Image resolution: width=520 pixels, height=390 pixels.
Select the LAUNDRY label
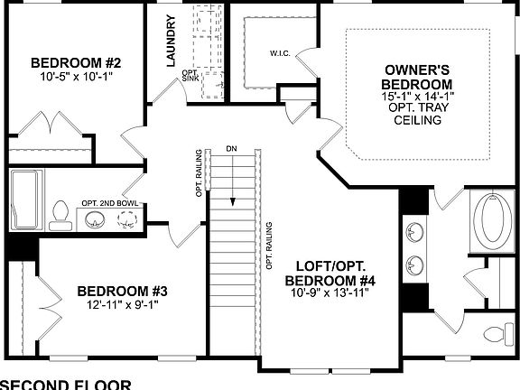point(170,42)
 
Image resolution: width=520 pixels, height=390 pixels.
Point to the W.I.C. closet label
point(280,52)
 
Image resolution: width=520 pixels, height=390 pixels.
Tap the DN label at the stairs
point(232,149)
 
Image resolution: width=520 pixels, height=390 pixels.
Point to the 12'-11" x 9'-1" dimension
point(122,304)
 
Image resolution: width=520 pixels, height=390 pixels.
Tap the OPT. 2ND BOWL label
point(109,203)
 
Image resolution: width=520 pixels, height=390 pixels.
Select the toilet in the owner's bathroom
point(497,332)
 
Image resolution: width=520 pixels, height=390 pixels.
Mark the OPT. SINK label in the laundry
point(190,75)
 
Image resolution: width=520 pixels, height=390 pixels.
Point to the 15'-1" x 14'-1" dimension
point(418,95)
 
